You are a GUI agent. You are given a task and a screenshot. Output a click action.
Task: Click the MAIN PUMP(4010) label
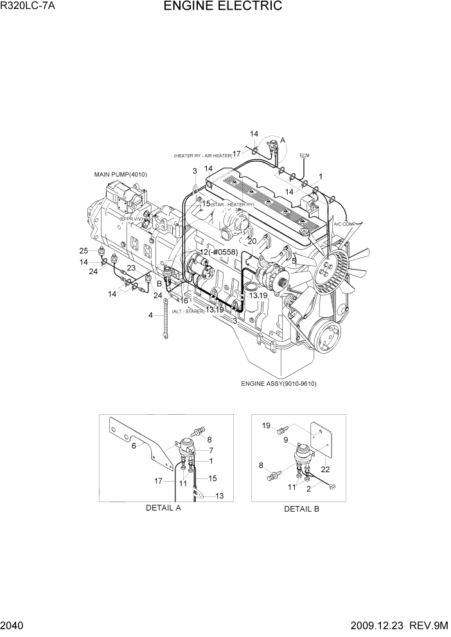tap(120, 174)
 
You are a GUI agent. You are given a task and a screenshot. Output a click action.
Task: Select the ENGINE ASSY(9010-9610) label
tap(279, 384)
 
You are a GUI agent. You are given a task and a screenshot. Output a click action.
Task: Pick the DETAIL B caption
tap(301, 509)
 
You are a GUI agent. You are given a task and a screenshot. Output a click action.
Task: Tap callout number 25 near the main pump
tap(84, 250)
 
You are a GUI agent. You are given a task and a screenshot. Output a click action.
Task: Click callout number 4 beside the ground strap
tap(150, 315)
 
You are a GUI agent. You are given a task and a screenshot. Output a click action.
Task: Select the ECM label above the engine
tap(305, 155)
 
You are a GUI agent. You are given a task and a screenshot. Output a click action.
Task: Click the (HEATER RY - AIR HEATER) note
tap(202, 155)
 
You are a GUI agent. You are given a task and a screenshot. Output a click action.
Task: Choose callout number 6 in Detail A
tap(134, 445)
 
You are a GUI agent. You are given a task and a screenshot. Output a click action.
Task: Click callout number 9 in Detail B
tap(286, 441)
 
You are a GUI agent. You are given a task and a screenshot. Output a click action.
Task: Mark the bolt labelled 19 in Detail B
tap(280, 428)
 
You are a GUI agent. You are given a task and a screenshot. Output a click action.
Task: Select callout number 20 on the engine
tap(252, 241)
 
